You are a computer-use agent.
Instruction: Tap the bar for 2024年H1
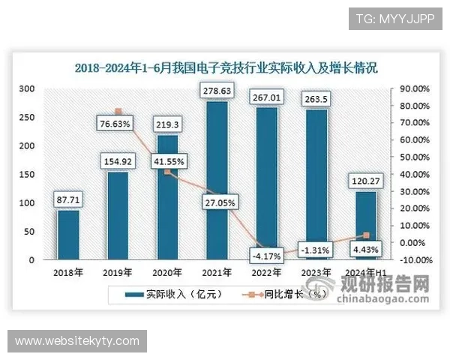[366, 225]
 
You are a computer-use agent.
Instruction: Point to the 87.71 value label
[68, 199]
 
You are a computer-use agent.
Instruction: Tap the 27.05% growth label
[217, 202]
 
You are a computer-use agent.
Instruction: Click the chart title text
[225, 67]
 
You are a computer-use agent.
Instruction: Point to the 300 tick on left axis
[27, 88]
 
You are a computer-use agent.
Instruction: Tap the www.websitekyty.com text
[77, 341]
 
